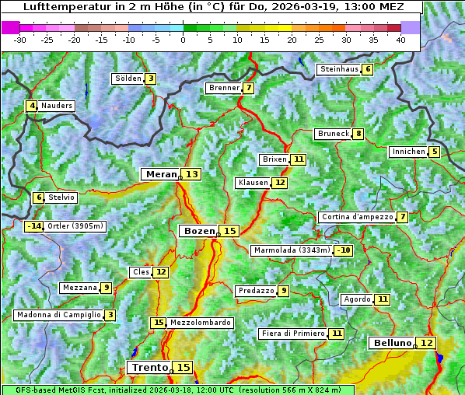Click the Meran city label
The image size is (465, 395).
[161, 174]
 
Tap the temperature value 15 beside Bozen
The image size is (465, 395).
[229, 231]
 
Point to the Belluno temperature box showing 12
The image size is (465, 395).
[425, 343]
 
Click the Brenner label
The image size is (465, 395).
[224, 88]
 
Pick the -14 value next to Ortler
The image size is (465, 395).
[33, 226]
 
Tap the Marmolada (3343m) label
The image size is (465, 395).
[292, 250]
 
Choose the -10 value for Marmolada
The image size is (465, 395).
[343, 250]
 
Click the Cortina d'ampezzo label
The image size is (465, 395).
[356, 217]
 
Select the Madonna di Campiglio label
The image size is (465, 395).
[58, 315]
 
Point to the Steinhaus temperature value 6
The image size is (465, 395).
[368, 69]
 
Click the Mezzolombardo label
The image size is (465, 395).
[200, 323]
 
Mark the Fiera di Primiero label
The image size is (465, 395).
[292, 334]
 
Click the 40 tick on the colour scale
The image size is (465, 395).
[400, 40]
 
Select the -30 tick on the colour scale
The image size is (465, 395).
[20, 40]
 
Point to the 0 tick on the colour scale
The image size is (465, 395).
[184, 40]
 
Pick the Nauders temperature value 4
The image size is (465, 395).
[32, 106]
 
